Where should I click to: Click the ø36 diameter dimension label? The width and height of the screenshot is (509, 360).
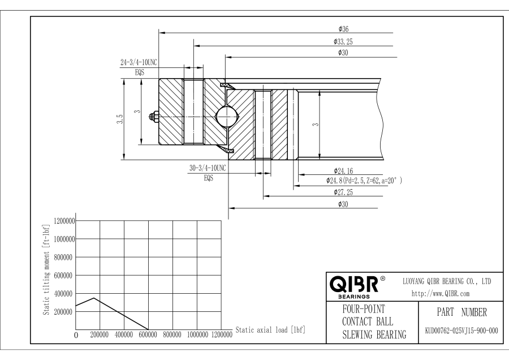coord(343,29)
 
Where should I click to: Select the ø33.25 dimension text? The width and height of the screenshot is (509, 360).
coord(343,41)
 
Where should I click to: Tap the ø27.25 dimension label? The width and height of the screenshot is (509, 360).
coord(343,192)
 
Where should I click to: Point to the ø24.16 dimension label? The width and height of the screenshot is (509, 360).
coord(343,171)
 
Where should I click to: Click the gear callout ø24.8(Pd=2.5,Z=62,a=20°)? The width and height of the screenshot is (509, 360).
coord(364,181)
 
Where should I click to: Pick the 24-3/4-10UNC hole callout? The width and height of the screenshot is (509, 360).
coord(139,62)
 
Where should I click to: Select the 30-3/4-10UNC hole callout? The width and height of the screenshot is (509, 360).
coord(208,168)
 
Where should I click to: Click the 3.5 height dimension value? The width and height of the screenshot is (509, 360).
coord(120,119)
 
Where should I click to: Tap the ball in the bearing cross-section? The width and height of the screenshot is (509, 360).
coord(227,116)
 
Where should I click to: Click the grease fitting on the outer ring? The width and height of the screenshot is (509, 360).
coord(154,116)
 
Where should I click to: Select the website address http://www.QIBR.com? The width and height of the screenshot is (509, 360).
coord(441,294)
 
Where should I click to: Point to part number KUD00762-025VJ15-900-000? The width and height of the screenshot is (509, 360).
coord(461,331)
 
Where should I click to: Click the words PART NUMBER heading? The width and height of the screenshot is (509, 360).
coord(461,312)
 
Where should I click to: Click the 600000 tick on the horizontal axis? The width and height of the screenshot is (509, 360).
coord(148,335)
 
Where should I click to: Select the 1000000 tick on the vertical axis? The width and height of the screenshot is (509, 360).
coord(64,239)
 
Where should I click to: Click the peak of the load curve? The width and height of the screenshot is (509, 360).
coord(94,298)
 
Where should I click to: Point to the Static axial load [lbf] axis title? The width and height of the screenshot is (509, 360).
coord(270,330)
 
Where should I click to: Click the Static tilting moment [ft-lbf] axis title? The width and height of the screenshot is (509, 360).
coord(46,269)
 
